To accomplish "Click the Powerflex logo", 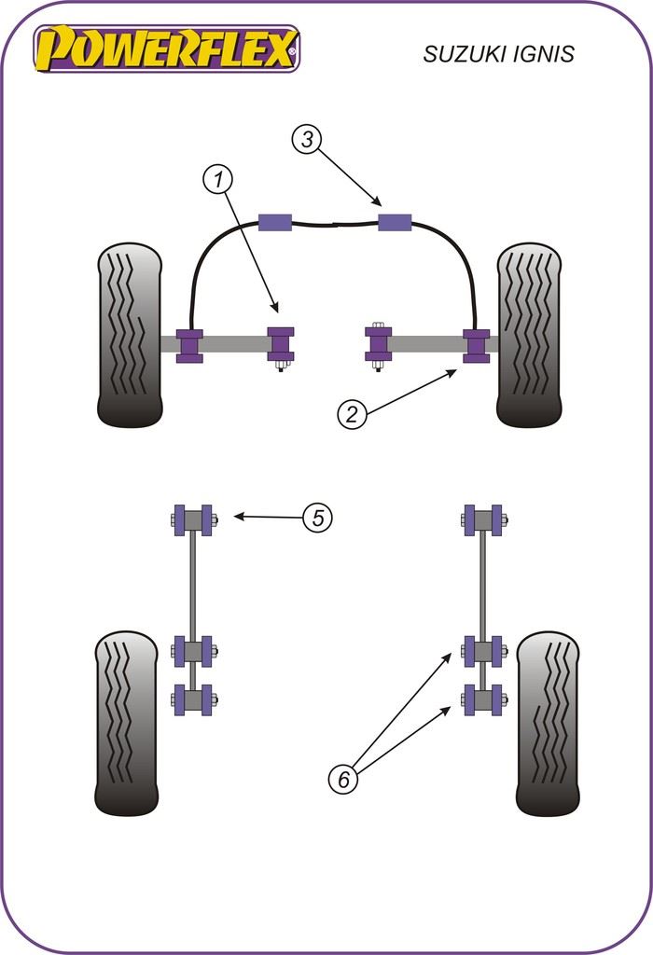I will pyautogui.click(x=166, y=48).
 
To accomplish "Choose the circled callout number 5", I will pyautogui.click(x=318, y=518).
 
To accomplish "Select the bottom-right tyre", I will pyautogui.click(x=548, y=723).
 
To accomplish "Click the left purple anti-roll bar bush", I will pyautogui.click(x=274, y=222).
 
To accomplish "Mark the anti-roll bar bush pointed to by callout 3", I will pyautogui.click(x=395, y=223).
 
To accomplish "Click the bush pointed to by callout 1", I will pyautogui.click(x=281, y=343).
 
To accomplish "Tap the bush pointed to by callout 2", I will pyautogui.click(x=476, y=344).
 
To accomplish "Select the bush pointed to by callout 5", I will pyautogui.click(x=194, y=519).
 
